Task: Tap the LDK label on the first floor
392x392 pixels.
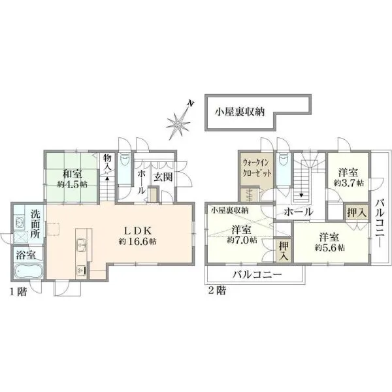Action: pyautogui.click(x=138, y=231)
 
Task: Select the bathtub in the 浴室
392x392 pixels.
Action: pyautogui.click(x=27, y=270)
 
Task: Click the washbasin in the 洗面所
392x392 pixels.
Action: pyautogui.click(x=19, y=221)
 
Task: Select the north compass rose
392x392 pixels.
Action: pyautogui.click(x=180, y=122)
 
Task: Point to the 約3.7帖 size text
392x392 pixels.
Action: pyautogui.click(x=349, y=183)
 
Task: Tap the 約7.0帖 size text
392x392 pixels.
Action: pyautogui.click(x=242, y=240)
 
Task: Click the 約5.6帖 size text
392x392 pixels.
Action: pyautogui.click(x=330, y=248)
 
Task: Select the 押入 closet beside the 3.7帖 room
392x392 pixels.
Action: pyautogui.click(x=357, y=213)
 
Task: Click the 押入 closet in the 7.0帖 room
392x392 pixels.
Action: pyautogui.click(x=284, y=251)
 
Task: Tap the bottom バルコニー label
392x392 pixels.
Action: pyautogui.click(x=257, y=275)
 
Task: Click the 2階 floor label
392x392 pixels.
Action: pyautogui.click(x=218, y=290)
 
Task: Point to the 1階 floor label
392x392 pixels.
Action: pyautogui.click(x=18, y=292)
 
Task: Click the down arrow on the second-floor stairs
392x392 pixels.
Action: pyautogui.click(x=302, y=195)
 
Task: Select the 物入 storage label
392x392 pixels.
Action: pyautogui.click(x=107, y=162)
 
